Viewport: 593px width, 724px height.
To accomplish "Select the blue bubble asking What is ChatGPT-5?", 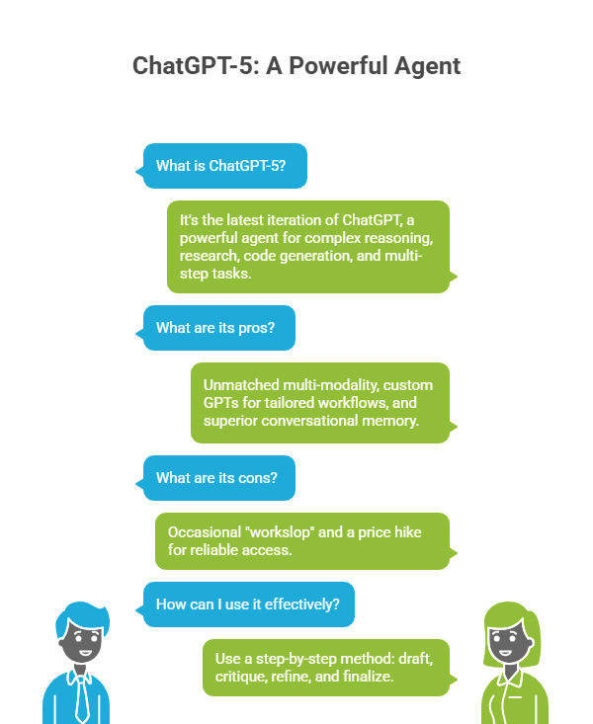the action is point(221,166).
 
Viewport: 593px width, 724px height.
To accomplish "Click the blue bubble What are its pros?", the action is point(215,328).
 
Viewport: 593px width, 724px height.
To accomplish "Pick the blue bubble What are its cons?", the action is point(215,478).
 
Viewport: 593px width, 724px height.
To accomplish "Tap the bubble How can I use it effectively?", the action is point(245,604).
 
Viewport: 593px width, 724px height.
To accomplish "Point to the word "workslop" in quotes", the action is point(279,532).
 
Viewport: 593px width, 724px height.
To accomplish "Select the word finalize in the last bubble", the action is point(368,677).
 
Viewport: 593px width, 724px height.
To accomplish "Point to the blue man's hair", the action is point(81,616).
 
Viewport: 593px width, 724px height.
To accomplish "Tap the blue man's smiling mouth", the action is point(85,653).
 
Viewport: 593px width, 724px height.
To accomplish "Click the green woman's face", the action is point(508,642).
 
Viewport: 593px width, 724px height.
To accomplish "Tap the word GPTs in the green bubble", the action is point(221,403).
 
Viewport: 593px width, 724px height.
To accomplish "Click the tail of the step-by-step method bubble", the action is point(453,680).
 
